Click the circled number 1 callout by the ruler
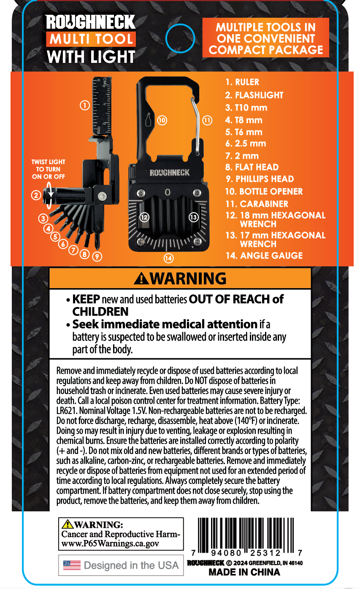[x=85, y=105]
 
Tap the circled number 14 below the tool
[x=169, y=257]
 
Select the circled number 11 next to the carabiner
[x=207, y=120]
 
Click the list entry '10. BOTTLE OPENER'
[x=264, y=192]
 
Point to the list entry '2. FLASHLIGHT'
[x=254, y=95]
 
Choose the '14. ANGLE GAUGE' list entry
[x=264, y=256]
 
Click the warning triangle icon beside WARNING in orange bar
[x=141, y=278]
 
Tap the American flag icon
[x=72, y=565]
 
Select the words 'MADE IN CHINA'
[x=244, y=573]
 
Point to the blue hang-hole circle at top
[x=180, y=38]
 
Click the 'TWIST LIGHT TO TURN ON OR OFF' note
[x=49, y=169]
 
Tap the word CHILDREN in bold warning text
[x=100, y=311]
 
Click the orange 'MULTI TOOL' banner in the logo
[x=91, y=39]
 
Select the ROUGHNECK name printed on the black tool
[x=170, y=173]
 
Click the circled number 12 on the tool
[x=144, y=217]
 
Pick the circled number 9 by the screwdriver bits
[x=97, y=255]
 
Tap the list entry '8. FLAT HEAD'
[x=252, y=167]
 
